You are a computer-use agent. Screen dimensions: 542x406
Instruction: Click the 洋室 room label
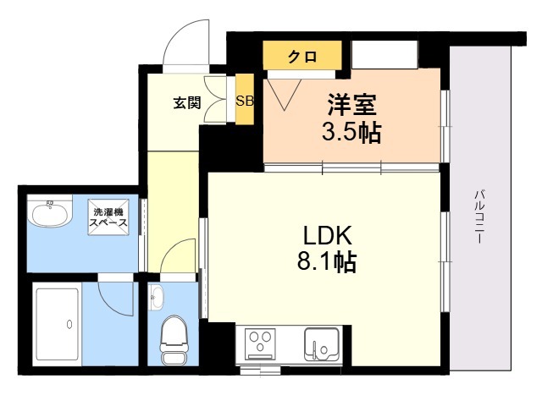tap(351, 105)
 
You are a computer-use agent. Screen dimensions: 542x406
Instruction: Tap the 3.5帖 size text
tap(351, 132)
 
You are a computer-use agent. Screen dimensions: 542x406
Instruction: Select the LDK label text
tap(328, 235)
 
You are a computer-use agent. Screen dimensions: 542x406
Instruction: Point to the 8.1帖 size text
tap(327, 261)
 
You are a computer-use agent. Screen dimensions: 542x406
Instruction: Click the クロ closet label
tap(302, 57)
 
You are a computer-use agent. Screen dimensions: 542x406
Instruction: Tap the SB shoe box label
tap(245, 101)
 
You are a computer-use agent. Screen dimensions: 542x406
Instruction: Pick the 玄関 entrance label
tap(187, 102)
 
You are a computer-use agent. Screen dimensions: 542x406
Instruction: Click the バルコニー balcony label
tap(478, 217)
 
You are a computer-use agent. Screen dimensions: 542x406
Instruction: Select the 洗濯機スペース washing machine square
tap(108, 217)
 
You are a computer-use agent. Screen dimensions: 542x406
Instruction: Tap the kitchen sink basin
tap(321, 344)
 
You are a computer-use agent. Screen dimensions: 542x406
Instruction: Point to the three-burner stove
tap(260, 344)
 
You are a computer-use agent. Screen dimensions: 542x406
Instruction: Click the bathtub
tap(58, 324)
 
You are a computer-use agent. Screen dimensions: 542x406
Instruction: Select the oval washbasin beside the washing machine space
tap(51, 214)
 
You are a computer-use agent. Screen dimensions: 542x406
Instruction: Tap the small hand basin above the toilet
tap(157, 297)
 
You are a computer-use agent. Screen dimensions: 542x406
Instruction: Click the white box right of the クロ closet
tap(384, 54)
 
